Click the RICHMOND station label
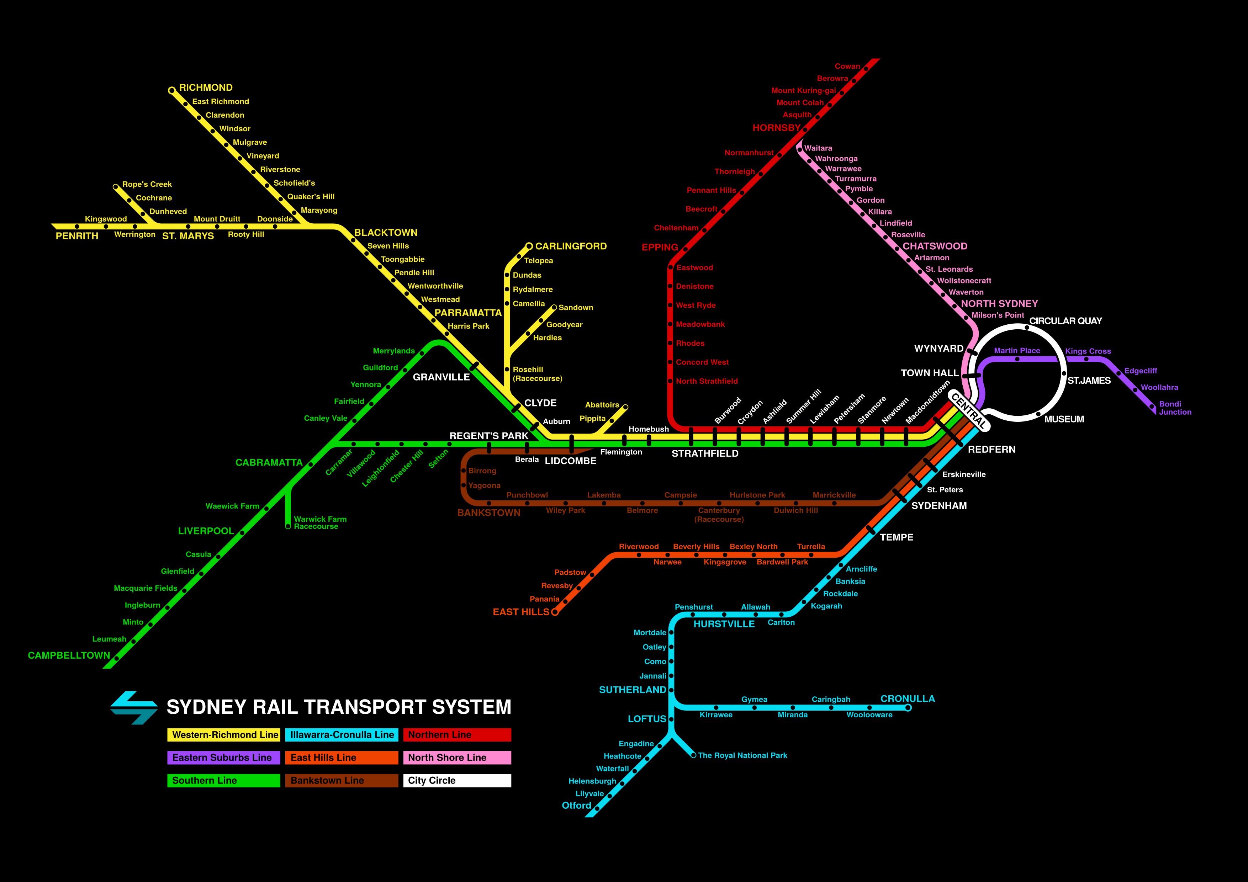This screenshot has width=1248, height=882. pos(206,87)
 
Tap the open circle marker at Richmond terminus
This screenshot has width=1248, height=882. pos(172,90)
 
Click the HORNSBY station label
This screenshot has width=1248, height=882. pos(776,128)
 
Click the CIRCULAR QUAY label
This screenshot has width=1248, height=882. pos(1065,321)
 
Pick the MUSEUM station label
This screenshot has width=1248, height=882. pos(1064,419)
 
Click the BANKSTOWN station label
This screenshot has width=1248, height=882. pos(489,512)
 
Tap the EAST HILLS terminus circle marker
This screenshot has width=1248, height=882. pos(554,612)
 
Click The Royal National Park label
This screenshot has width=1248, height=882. pos(742,755)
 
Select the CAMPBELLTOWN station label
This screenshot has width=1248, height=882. pos(69,655)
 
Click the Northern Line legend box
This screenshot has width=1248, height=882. pos(456,735)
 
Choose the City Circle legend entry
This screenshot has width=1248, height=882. pos(456,780)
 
